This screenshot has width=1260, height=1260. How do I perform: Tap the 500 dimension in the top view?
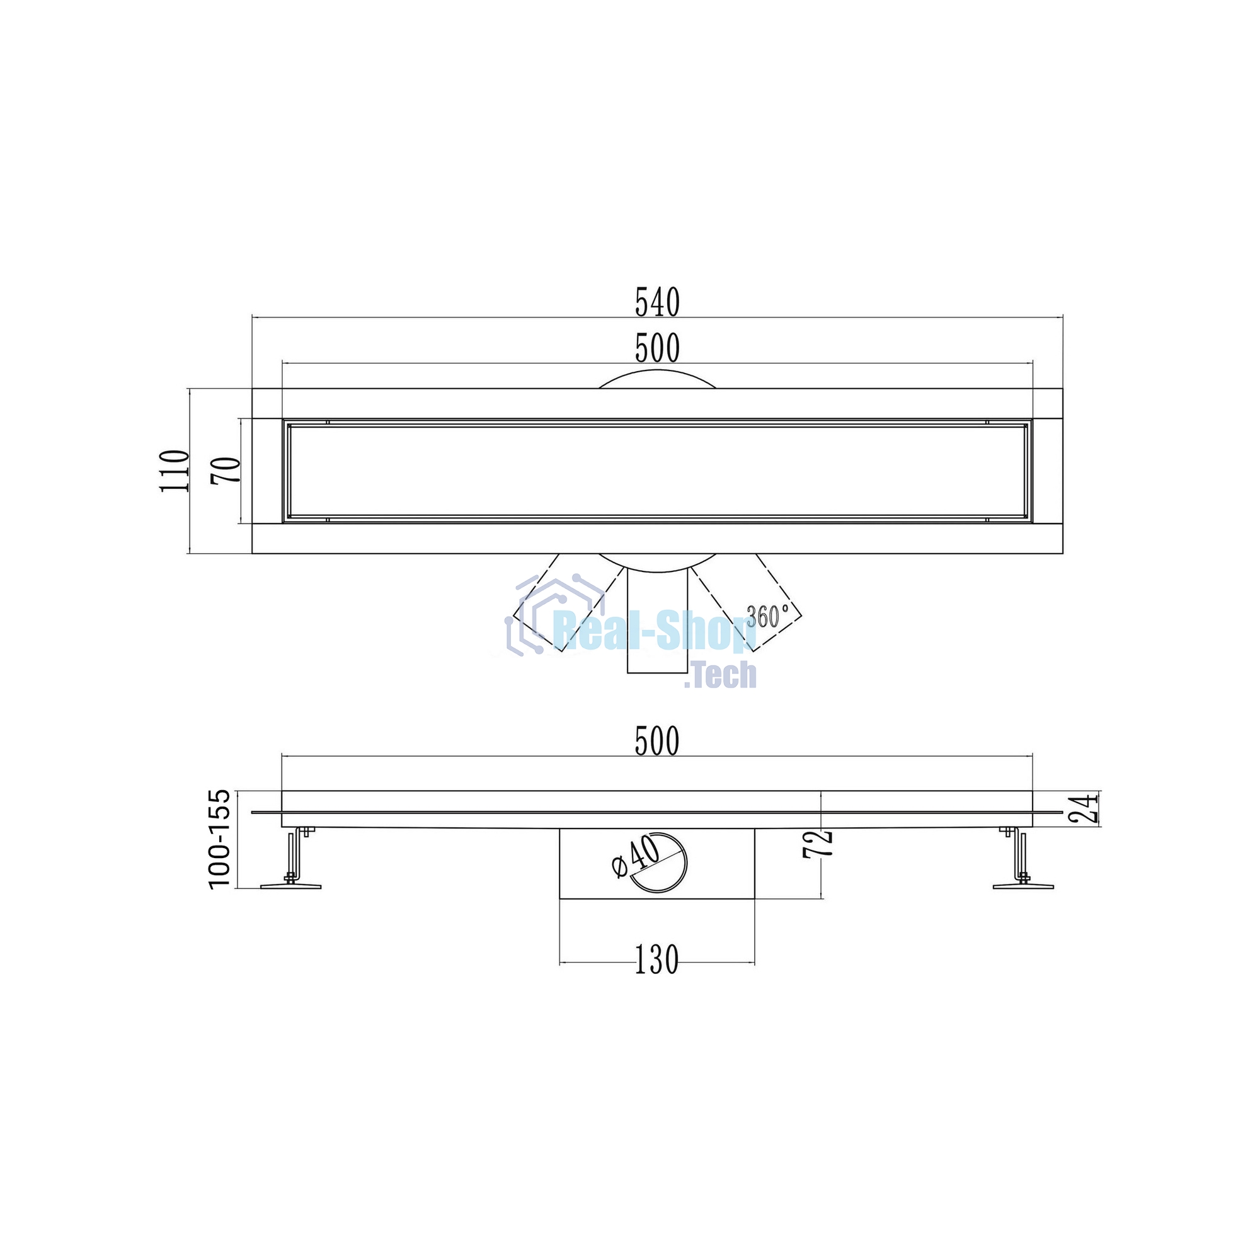click(657, 348)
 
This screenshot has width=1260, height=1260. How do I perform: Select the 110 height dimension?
click(175, 471)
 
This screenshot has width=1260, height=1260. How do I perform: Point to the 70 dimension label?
click(226, 470)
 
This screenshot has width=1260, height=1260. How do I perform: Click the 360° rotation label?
click(767, 615)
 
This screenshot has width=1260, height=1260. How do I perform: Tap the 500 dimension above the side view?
click(657, 742)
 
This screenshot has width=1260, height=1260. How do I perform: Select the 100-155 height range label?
click(220, 838)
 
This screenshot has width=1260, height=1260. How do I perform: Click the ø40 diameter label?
click(636, 856)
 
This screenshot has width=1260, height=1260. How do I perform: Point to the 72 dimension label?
click(819, 844)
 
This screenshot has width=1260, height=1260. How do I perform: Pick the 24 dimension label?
click(1085, 810)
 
